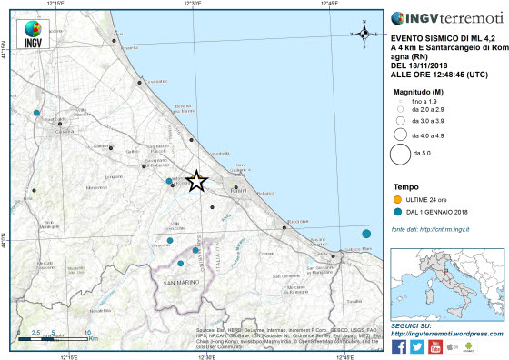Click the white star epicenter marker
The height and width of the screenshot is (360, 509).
[x=195, y=181]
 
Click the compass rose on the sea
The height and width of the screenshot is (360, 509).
[x=364, y=34]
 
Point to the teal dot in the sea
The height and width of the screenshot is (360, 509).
[x=365, y=234]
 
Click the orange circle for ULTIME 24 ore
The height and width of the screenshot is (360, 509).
[x=397, y=198]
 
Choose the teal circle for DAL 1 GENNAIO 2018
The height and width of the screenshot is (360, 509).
[x=397, y=212]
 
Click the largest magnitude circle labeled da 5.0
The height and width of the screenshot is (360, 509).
[x=400, y=153]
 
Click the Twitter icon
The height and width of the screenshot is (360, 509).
[x=417, y=346]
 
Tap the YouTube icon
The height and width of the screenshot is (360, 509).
[x=435, y=346]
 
